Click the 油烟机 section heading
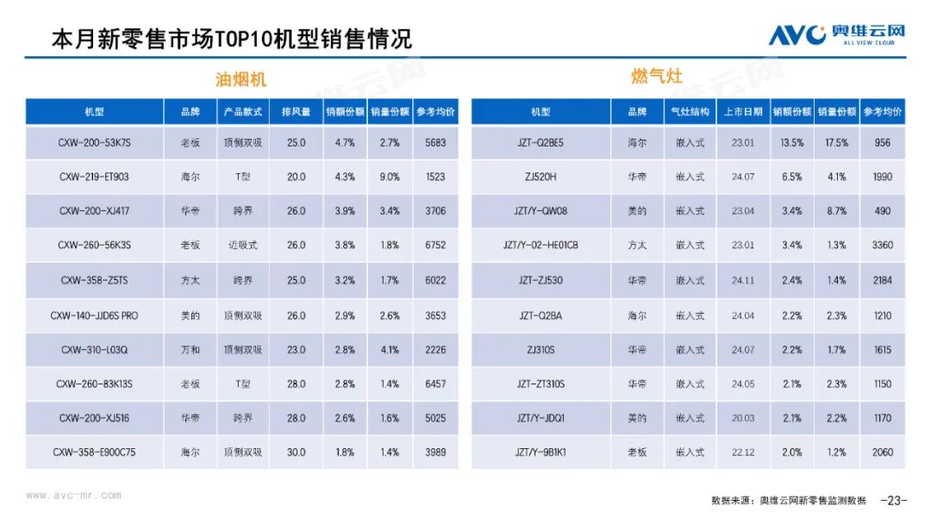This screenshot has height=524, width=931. pos(241,79)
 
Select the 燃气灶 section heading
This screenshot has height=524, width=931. pos(656,77)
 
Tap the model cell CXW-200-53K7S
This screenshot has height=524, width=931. pos(95,142)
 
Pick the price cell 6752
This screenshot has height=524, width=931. pos(435,245)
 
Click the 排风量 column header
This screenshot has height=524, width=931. pos(296,112)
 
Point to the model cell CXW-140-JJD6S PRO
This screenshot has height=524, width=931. pos(95,315)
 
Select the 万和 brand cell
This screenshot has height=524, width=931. pos(191,350)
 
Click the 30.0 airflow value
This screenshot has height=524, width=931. pos(296,452)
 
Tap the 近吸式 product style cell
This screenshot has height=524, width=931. pos(242,245)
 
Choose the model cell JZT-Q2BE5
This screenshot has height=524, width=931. pos(540,142)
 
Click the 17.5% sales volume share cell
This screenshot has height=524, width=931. pos(836,142)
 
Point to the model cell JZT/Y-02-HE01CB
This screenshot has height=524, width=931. pos(540,245)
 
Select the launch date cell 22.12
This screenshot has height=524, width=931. pos(742,452)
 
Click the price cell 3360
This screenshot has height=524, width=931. pos(883,245)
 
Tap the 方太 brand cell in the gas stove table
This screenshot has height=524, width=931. pos(637,245)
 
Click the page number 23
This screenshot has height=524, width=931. pos(893,500)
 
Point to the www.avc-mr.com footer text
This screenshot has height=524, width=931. pos(73,495)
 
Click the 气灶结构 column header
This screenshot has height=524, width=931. pos(690,112)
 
